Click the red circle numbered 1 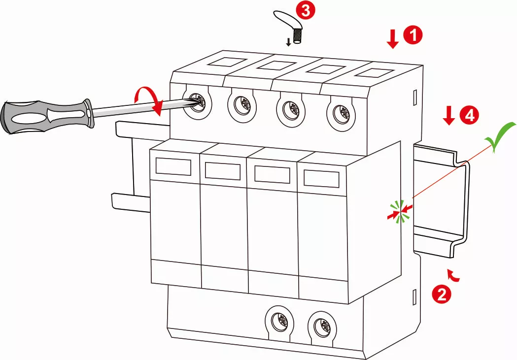coord(413,36)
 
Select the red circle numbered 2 coord(441,294)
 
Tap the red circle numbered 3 coord(306,11)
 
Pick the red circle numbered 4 coord(468,115)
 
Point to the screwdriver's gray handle coord(44,116)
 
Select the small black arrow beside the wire coord(289,41)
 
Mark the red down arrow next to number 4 coord(448,116)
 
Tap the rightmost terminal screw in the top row coord(340,113)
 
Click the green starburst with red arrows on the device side coord(400,212)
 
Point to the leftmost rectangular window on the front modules coord(173,166)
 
